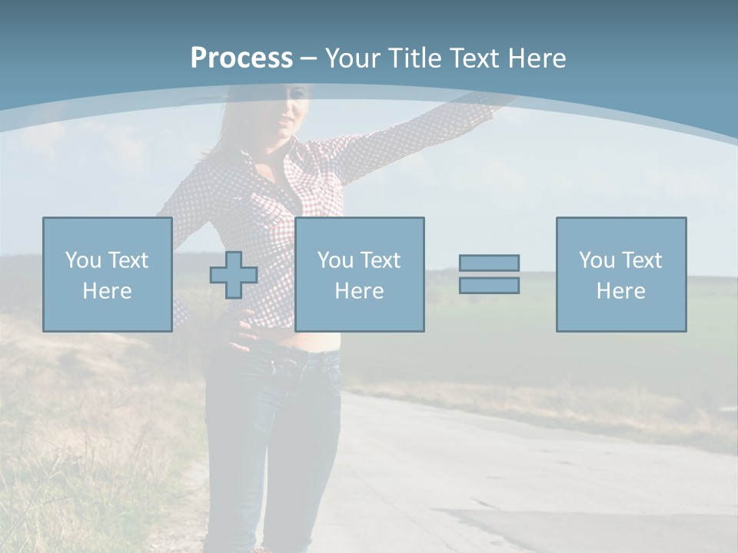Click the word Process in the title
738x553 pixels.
point(241,58)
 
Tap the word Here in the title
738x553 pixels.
point(536,58)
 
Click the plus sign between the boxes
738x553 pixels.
point(234,275)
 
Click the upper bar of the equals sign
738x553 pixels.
point(489,263)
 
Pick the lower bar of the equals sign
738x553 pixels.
point(489,285)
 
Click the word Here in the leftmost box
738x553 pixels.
point(107,291)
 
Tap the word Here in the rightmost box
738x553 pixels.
point(621,291)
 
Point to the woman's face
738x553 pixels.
point(291,111)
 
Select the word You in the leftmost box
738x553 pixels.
point(83,260)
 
